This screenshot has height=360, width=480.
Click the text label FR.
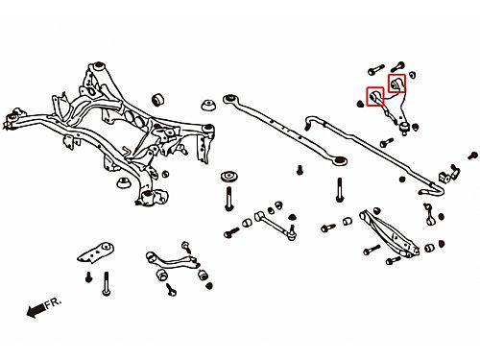53,303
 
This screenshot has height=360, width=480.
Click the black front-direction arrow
36,310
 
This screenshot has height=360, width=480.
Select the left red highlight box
375,97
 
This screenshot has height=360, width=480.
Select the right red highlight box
396,84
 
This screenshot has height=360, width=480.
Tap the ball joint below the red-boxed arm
405,127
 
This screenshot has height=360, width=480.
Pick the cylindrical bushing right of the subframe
157,100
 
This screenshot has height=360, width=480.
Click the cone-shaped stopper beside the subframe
208,106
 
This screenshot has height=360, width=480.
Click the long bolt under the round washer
228,199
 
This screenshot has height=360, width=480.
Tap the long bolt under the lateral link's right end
340,190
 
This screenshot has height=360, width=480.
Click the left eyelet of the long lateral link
229,98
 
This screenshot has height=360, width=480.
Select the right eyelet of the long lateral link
340,160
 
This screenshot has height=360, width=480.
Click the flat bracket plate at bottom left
96,252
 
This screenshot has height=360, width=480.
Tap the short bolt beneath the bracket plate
89,276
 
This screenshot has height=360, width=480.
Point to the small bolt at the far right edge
472,156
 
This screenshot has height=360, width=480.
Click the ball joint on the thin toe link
292,233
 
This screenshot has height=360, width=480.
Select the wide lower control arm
390,232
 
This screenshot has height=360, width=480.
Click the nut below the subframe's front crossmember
123,182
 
